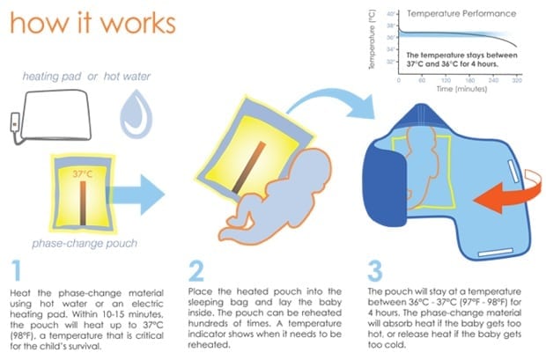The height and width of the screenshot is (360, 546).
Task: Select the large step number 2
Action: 200,268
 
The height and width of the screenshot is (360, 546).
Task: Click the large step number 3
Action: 376,268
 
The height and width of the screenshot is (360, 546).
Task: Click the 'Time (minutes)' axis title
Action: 462,89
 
